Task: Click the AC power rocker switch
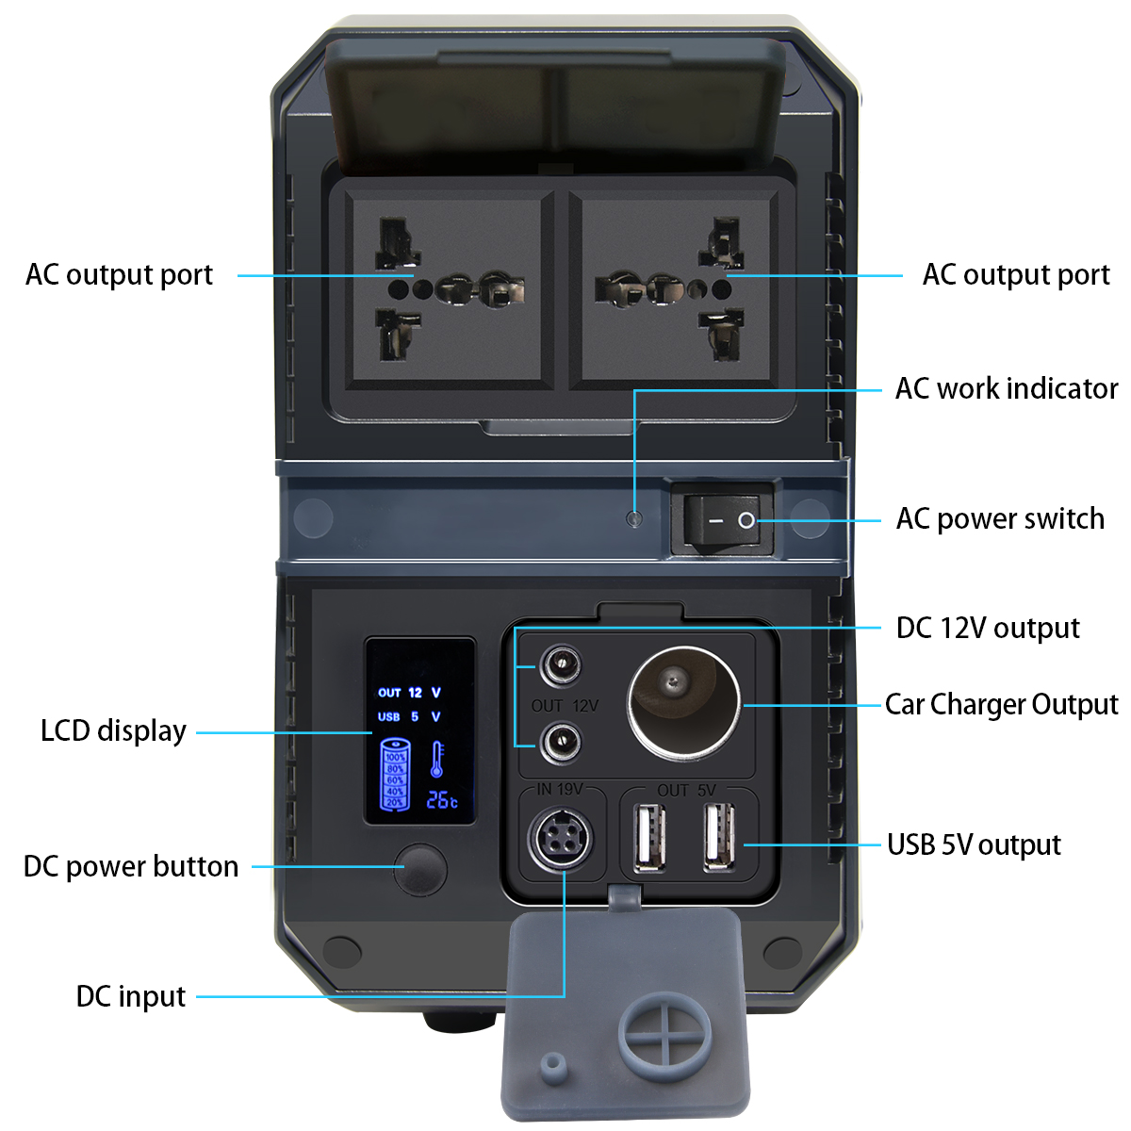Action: (723, 519)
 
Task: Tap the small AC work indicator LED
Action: (634, 517)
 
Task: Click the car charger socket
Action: (683, 702)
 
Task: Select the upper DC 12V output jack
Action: (560, 667)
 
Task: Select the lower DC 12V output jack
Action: (560, 743)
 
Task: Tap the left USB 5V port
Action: (649, 837)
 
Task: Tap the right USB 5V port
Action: (719, 837)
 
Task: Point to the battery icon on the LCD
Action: (395, 776)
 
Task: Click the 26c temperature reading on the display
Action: (441, 799)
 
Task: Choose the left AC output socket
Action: (447, 288)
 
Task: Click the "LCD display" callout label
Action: (113, 730)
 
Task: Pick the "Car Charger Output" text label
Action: (1001, 704)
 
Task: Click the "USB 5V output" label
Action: (974, 844)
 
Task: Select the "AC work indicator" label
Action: (1006, 388)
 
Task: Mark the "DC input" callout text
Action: (131, 996)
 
